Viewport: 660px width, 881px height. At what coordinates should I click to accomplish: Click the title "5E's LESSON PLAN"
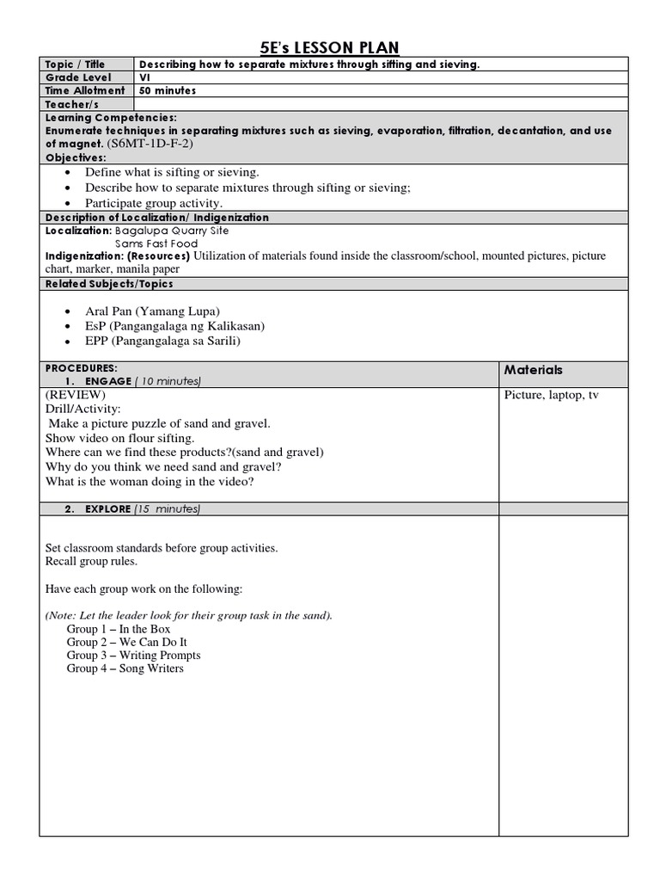pyautogui.click(x=330, y=46)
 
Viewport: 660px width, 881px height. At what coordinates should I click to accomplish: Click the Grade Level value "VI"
pyautogui.click(x=144, y=77)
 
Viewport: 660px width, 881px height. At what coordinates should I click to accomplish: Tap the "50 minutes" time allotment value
pyautogui.click(x=168, y=90)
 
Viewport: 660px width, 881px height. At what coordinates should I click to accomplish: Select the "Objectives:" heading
pyautogui.click(x=76, y=158)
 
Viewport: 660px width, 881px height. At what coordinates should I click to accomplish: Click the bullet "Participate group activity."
pyautogui.click(x=153, y=203)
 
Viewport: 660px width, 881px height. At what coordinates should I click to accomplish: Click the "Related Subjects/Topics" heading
pyautogui.click(x=109, y=284)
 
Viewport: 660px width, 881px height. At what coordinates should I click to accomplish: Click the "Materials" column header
pyautogui.click(x=533, y=370)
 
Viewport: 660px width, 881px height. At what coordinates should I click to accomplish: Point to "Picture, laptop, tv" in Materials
pyautogui.click(x=551, y=395)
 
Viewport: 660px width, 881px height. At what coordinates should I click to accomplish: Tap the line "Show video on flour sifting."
pyautogui.click(x=119, y=438)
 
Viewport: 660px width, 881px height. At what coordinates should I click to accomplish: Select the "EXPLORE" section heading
pyautogui.click(x=107, y=509)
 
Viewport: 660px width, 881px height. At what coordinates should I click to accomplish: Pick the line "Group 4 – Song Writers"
pyautogui.click(x=125, y=668)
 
